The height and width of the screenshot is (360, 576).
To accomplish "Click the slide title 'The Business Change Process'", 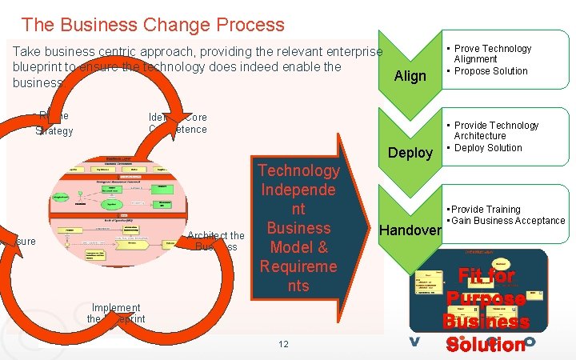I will click(152, 25).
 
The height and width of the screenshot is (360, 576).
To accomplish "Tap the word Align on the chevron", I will click(410, 76).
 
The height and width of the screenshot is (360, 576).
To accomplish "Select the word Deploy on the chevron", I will click(410, 153).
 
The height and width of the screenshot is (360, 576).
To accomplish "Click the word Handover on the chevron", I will click(410, 230).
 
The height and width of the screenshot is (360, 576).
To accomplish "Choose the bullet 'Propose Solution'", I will click(491, 71).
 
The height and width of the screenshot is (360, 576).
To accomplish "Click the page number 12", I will click(283, 344).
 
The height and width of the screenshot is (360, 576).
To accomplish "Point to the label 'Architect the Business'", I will click(216, 241).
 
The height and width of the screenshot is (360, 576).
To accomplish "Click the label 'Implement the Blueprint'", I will click(116, 313).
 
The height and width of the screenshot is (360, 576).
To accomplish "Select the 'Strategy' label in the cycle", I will click(54, 131).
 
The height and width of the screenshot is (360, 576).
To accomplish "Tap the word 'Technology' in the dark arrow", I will click(298, 170).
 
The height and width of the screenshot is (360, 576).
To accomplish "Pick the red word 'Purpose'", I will click(486, 299).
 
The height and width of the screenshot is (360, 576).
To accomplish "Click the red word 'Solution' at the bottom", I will click(486, 344).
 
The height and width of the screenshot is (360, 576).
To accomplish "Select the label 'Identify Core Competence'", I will click(178, 123).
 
